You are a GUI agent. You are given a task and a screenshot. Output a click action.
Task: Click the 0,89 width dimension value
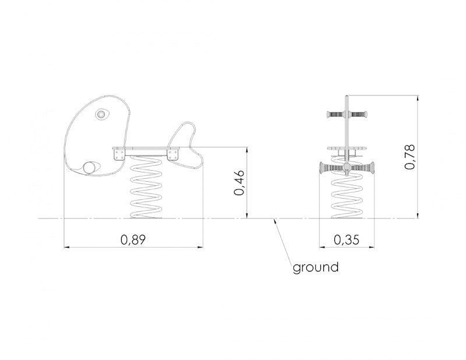(x=133, y=239)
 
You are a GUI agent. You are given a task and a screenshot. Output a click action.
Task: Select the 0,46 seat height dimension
(x=239, y=182)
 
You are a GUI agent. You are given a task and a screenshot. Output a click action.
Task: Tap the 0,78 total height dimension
(x=410, y=157)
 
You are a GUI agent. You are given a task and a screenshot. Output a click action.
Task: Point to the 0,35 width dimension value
(x=347, y=239)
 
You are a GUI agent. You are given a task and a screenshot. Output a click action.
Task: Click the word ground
(x=316, y=267)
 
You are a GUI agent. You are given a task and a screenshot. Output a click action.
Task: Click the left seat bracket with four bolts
(x=119, y=154)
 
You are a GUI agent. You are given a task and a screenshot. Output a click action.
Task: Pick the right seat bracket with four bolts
(x=172, y=154)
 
